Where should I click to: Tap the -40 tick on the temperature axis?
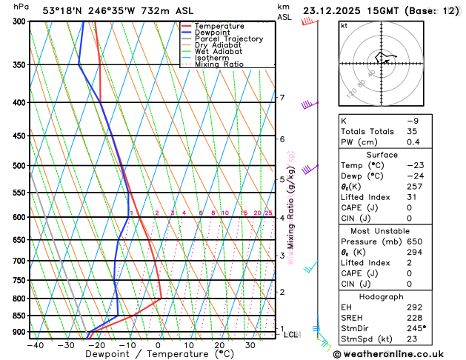35,344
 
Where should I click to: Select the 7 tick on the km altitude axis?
282,98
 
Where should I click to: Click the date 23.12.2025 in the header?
333,11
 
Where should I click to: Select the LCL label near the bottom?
291,335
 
